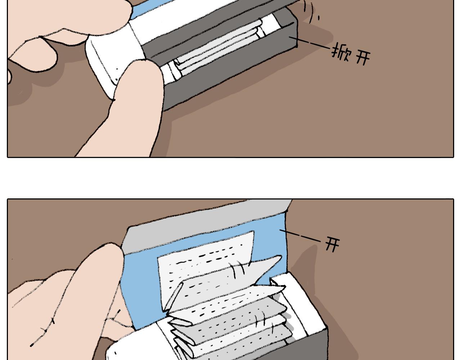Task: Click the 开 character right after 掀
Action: (x=363, y=58)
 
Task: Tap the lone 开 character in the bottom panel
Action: (x=332, y=244)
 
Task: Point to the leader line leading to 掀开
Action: (x=309, y=43)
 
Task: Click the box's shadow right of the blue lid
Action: (x=318, y=297)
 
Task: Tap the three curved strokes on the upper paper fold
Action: (x=239, y=270)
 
